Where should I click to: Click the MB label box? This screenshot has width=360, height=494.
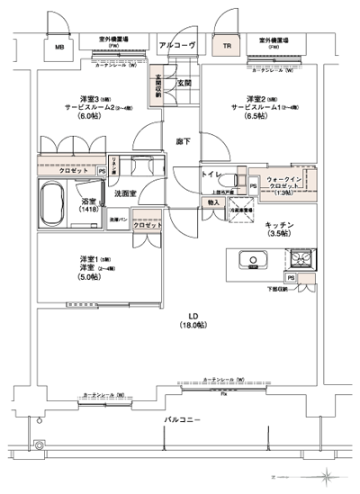tap(59, 48)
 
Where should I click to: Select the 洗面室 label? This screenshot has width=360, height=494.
tap(124, 193)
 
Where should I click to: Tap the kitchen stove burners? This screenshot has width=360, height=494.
tap(300, 260)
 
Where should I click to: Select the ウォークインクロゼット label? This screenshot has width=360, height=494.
tap(287, 184)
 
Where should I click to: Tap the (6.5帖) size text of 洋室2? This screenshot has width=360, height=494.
tap(258, 115)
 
